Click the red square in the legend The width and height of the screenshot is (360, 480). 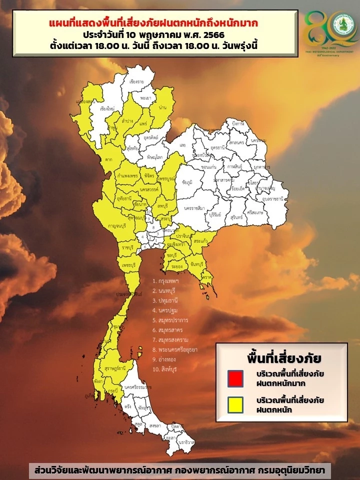click(234, 378)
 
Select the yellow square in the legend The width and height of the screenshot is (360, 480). click(234, 404)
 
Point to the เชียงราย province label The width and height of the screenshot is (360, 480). click(136, 81)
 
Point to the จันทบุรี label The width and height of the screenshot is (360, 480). click(194, 263)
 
